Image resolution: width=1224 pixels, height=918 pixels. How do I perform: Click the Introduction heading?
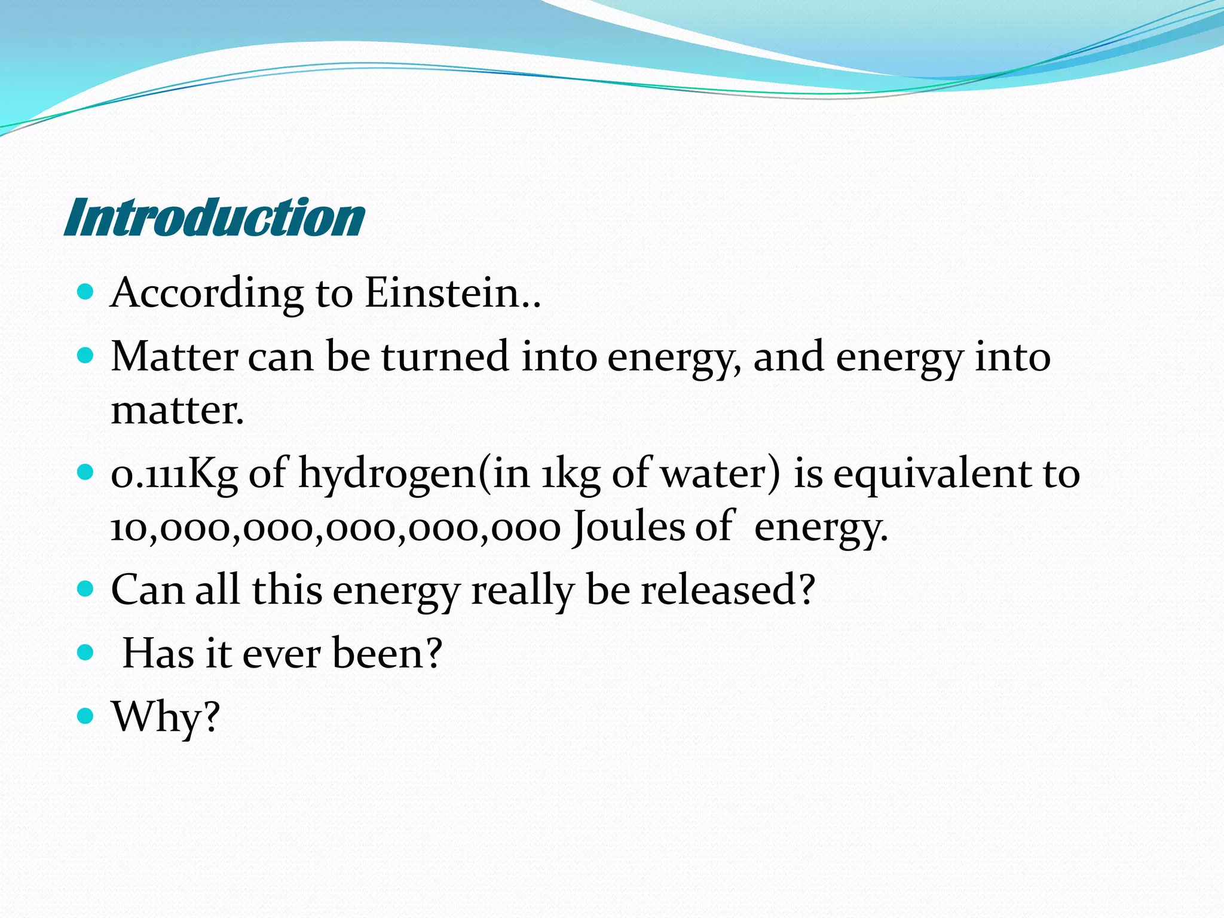[214, 218]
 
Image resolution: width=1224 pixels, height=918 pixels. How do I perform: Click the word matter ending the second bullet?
[177, 411]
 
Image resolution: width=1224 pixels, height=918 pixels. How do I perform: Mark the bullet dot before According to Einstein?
[86, 292]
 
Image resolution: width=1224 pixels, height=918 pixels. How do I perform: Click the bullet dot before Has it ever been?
[86, 652]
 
